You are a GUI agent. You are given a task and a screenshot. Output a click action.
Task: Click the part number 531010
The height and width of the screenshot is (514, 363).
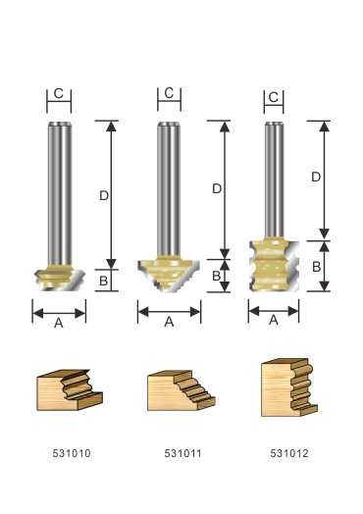coord(72,453)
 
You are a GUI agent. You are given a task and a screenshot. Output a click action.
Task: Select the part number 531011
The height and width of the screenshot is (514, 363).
coord(183,453)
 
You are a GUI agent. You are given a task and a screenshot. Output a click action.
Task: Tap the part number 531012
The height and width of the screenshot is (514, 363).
coord(289,453)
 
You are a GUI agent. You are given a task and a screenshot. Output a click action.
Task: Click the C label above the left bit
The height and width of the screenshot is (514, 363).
coord(58,93)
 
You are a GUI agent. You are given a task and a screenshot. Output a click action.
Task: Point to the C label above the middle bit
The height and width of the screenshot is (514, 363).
coord(169,93)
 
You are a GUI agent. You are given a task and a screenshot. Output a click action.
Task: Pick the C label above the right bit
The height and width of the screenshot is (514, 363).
coord(274,97)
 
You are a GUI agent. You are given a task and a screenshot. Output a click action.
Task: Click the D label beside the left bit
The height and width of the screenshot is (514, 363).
coord(104,196)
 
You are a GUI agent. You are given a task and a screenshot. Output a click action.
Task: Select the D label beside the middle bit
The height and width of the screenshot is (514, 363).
coord(217,188)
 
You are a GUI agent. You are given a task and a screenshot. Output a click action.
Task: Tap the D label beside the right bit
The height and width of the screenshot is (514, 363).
coord(316,177)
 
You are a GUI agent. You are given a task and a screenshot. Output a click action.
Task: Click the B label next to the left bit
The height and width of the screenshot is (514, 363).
coord(103,281)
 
